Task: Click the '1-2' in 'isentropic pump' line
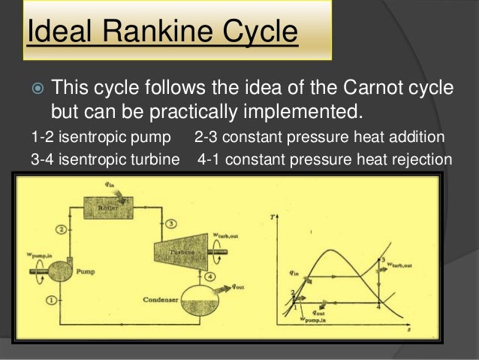point(42,138)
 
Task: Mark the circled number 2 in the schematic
point(62,228)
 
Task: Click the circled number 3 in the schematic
point(172,224)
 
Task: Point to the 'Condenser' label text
point(160,301)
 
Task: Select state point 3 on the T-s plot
point(384,260)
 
